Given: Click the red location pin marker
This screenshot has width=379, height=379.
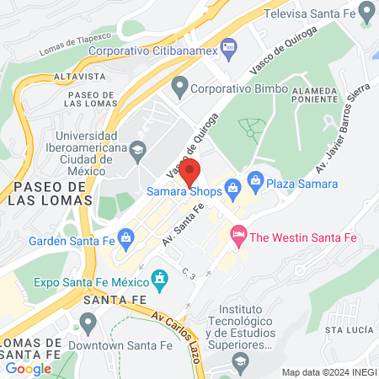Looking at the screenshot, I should pos(190,171).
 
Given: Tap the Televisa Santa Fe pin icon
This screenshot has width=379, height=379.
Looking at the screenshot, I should pos(366,12).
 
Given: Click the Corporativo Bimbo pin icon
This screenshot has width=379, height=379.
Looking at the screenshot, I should pos(179,86).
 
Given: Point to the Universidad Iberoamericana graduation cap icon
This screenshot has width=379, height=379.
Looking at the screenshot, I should pos(138,151).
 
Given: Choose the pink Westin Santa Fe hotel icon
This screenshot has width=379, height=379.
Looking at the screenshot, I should pos(238,238).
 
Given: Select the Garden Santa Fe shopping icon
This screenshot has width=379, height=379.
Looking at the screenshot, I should pos(125,238).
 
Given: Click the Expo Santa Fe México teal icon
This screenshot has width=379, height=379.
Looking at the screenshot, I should pos(158,278).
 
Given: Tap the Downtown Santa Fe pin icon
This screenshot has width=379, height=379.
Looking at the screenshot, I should pos(87,323).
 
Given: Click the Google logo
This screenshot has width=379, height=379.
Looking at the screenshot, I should pos(28,368).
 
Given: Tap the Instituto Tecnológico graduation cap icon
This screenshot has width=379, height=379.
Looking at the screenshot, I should pos(239,360).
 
